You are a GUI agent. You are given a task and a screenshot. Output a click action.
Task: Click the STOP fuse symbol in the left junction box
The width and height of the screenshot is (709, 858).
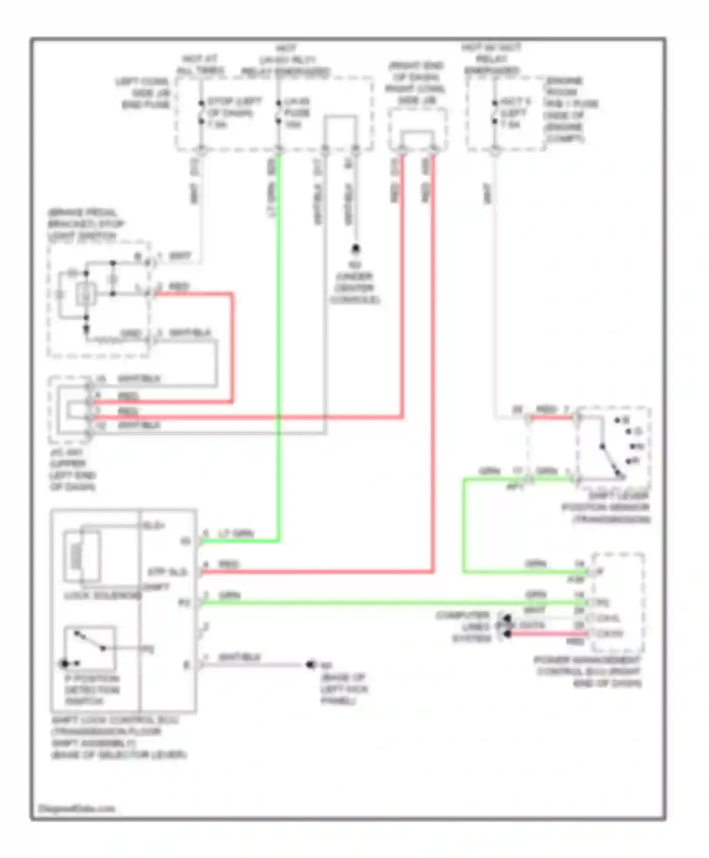[201, 113]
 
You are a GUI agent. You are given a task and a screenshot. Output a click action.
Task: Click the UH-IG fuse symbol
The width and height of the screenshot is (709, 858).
[279, 113]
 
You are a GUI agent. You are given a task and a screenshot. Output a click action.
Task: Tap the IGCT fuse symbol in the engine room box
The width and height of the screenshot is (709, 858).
[495, 113]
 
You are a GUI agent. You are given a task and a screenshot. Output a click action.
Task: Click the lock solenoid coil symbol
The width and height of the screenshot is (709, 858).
[76, 555]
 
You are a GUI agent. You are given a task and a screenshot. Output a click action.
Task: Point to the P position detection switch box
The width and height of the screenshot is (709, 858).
[89, 648]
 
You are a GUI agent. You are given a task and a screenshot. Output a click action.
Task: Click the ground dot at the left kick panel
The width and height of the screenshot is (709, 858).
[310, 665]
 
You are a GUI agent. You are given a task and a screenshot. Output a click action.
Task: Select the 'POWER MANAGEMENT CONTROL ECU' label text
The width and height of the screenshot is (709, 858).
[588, 672]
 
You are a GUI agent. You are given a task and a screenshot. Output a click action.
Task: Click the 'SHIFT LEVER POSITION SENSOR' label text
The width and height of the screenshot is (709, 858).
[606, 508]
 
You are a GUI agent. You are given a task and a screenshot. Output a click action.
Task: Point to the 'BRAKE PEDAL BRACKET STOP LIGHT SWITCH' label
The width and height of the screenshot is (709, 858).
[86, 224]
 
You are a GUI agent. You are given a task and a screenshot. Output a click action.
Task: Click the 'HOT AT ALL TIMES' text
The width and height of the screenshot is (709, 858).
[200, 65]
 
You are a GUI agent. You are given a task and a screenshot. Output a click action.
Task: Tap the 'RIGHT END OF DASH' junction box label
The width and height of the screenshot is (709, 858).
[415, 83]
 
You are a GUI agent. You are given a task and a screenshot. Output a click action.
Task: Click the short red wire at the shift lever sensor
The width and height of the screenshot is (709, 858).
[551, 417]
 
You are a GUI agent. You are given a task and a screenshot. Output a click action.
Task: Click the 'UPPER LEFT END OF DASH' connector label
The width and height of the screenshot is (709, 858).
[73, 469]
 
